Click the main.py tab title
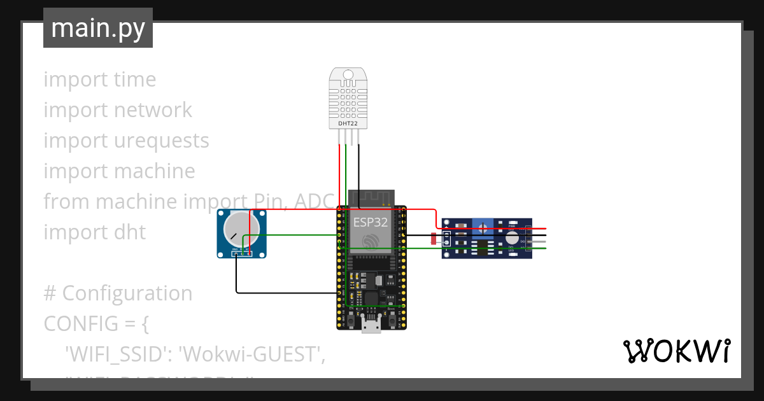coord(97,28)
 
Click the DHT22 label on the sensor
coord(348,123)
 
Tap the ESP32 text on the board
coord(370,222)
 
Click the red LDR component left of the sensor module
coord(434,239)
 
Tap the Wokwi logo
coord(676,351)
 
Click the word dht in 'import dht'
coord(134,232)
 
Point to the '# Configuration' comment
coord(118,293)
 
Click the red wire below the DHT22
coord(339,172)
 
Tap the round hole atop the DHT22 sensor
coord(348,75)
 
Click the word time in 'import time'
coord(135,79)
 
